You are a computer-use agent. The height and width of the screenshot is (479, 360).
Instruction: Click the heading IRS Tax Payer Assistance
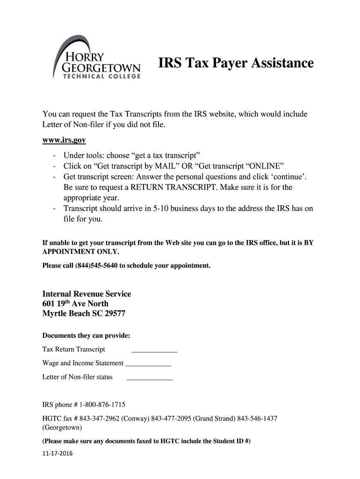point(235,63)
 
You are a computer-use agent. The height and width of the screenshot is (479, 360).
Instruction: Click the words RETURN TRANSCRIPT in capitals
point(163,187)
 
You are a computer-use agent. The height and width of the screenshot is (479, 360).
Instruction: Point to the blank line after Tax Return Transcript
point(154,350)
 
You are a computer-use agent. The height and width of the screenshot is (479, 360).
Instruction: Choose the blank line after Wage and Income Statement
point(148,364)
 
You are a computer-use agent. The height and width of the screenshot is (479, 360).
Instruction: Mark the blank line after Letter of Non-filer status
point(150,378)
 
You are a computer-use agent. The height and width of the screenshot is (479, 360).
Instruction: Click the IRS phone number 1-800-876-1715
point(100,405)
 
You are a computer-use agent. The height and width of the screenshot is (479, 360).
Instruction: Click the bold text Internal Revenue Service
point(86,294)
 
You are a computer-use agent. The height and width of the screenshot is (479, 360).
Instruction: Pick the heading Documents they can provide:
point(86,335)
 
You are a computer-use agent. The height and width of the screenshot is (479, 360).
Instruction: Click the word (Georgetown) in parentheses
point(62,428)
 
